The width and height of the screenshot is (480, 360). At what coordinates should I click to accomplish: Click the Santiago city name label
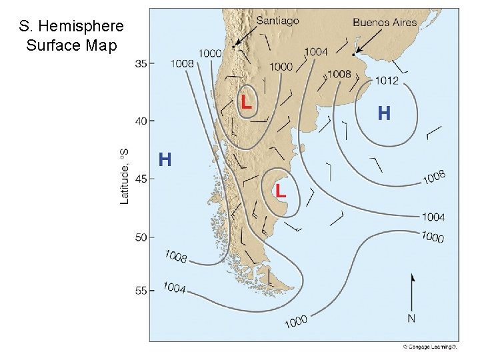[x=277, y=21]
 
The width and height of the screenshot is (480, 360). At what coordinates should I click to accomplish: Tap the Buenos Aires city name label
[x=385, y=22]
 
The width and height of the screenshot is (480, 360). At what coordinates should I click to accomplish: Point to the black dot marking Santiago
[x=233, y=46]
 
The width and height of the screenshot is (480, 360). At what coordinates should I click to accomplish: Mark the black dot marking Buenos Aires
[x=353, y=54]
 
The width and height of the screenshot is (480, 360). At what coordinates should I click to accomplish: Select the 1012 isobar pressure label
[x=387, y=81]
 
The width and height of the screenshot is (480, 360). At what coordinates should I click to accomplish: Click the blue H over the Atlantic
[x=384, y=113]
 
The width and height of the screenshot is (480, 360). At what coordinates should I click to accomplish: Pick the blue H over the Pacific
[x=165, y=160]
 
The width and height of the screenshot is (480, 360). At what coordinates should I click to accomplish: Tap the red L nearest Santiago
[x=246, y=102]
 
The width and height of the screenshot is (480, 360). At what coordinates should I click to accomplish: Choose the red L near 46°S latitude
[x=281, y=191]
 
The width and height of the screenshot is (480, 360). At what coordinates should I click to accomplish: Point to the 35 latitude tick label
[x=141, y=64]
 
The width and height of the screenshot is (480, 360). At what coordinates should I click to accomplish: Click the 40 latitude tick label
[x=141, y=121]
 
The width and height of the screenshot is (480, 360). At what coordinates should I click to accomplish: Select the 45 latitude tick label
[x=141, y=179]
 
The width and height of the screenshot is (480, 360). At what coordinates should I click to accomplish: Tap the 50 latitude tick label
[x=141, y=237]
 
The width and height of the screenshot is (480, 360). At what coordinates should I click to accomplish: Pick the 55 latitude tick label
[x=141, y=291]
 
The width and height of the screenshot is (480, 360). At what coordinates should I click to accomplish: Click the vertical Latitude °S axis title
[x=124, y=176]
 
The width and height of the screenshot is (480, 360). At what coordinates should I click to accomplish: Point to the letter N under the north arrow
[x=411, y=319]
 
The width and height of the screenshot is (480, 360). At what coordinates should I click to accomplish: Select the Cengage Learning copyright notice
[x=431, y=347]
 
